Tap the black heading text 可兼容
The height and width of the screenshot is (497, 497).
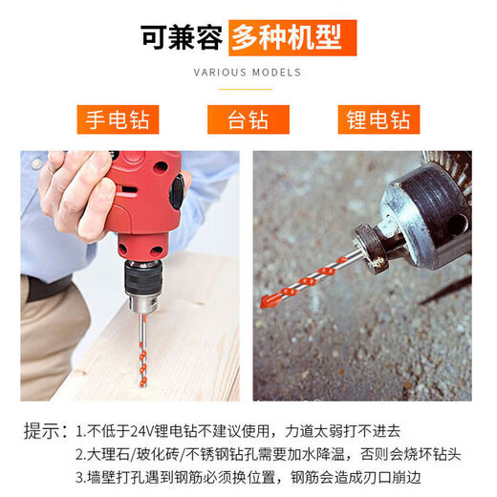click(x=182, y=37)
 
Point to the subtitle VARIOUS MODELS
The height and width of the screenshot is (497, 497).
click(x=248, y=72)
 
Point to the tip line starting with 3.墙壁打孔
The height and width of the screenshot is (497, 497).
click(x=248, y=476)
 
